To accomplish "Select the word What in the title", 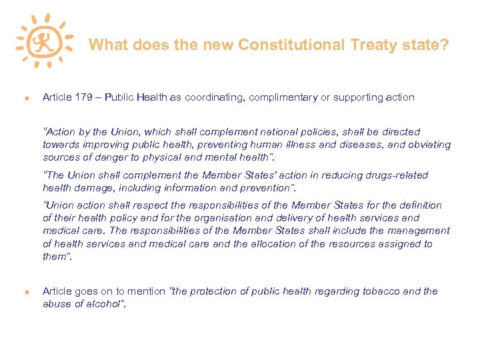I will pos(109,45).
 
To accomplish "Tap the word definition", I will pos(419,205).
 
